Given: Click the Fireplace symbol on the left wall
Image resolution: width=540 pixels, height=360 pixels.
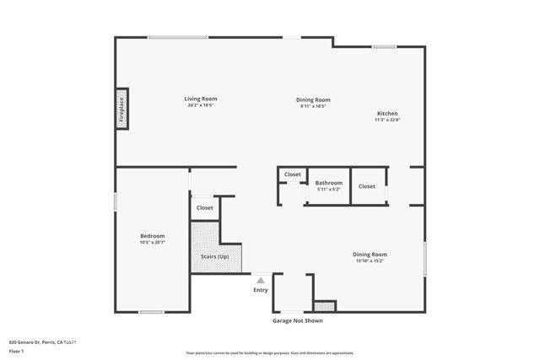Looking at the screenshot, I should pos(121,109).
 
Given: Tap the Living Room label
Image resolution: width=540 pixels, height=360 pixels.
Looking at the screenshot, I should pos(201,99).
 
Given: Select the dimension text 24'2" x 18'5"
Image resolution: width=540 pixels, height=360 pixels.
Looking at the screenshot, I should pos(201,105).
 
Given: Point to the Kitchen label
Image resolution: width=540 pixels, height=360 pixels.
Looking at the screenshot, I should pos(387,113).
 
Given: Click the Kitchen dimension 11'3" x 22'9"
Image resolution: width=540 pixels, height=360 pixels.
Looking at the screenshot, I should pos(387,120).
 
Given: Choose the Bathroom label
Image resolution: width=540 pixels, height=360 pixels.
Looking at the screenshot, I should pos(329,182).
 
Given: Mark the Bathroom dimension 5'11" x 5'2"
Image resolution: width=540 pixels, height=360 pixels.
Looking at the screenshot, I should pos(329,189).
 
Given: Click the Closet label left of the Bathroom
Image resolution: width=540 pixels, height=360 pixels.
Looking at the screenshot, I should pos(292,175).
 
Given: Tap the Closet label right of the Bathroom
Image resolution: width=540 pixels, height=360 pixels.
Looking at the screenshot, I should pos(367,186).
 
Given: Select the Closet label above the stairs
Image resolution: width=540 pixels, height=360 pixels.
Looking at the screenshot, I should pos(205,207).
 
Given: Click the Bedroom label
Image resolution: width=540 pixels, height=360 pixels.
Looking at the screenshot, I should pos(152,235).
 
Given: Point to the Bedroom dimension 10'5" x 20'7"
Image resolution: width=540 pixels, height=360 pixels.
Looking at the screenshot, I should pos(152,242).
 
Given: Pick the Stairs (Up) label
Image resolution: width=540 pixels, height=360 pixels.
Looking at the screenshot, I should pos(214,256).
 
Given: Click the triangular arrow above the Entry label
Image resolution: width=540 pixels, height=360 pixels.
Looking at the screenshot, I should pos(261,280).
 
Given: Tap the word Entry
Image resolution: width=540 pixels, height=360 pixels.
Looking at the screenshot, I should pos(261,290).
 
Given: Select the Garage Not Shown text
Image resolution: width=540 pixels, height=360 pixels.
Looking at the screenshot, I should pos(297,320).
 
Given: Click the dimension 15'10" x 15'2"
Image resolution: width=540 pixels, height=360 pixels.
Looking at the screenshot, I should pos(370,261).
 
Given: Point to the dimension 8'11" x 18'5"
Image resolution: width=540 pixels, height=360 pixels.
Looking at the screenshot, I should pos(312,105).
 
